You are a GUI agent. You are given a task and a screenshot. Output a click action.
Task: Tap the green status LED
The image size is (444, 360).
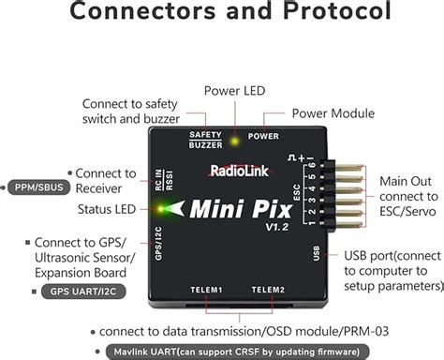coord(165,209)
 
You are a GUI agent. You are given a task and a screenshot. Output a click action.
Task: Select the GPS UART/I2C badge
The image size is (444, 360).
coord(84,291)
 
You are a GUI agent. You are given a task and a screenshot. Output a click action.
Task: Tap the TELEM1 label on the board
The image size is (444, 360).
coord(205,290)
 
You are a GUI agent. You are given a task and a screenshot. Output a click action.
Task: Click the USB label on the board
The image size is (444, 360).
coord(319,254)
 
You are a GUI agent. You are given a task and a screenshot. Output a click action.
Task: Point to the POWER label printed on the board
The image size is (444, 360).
coord(262,135)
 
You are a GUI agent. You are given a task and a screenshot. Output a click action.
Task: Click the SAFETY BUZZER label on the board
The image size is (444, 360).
coord(206,138)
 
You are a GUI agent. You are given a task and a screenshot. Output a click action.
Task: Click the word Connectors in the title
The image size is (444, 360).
coord(137,15)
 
